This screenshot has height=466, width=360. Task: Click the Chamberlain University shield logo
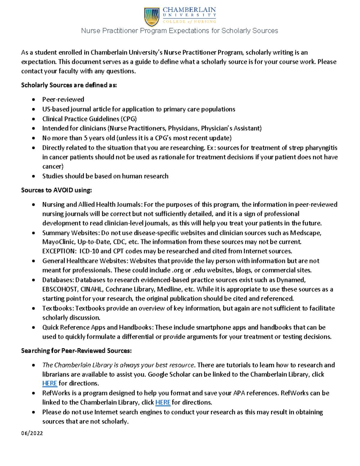pyautogui.click(x=152, y=17)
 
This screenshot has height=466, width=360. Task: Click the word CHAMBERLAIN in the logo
pyautogui.click(x=189, y=10)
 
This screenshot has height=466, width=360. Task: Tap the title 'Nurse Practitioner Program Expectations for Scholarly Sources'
pyautogui.click(x=180, y=31)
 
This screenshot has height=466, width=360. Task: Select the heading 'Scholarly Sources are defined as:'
pyautogui.click(x=69, y=85)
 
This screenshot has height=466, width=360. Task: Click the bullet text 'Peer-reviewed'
pyautogui.click(x=63, y=99)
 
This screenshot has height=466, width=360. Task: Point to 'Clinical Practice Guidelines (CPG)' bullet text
pyautogui.click(x=89, y=119)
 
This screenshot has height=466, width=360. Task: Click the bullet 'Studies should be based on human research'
pyautogui.click(x=105, y=176)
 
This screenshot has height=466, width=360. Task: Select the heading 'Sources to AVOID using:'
pyautogui.click(x=56, y=190)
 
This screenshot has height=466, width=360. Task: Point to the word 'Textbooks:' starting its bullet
pyautogui.click(x=58, y=308)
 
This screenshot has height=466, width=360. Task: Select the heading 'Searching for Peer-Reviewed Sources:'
pyautogui.click(x=76, y=351)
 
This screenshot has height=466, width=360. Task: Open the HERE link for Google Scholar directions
pyautogui.click(x=49, y=383)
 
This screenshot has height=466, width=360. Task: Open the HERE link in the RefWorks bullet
pyautogui.click(x=163, y=402)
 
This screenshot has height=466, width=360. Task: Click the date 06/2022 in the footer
pyautogui.click(x=32, y=433)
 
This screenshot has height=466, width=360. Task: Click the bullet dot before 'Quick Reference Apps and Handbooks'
pyautogui.click(x=34, y=328)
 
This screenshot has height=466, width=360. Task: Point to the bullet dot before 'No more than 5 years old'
pyautogui.click(x=34, y=138)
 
